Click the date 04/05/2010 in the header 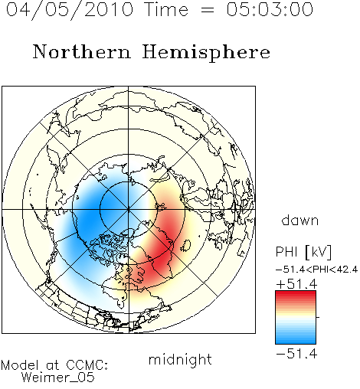click(70, 10)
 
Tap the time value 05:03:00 click(270, 9)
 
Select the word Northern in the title click(82, 52)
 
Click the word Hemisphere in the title click(206, 53)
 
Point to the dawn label click(300, 220)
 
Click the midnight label click(180, 360)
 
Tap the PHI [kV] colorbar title click(303, 252)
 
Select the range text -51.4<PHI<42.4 click(316, 270)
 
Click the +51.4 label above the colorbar click(296, 284)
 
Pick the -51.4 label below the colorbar click(296, 354)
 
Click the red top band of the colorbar click(296, 295)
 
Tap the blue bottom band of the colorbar click(296, 339)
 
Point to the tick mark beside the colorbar click(318, 317)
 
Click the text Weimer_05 click(57, 378)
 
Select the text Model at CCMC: click(54, 365)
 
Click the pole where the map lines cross click(129, 209)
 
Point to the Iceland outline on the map click(186, 245)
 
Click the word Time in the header click(166, 9)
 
